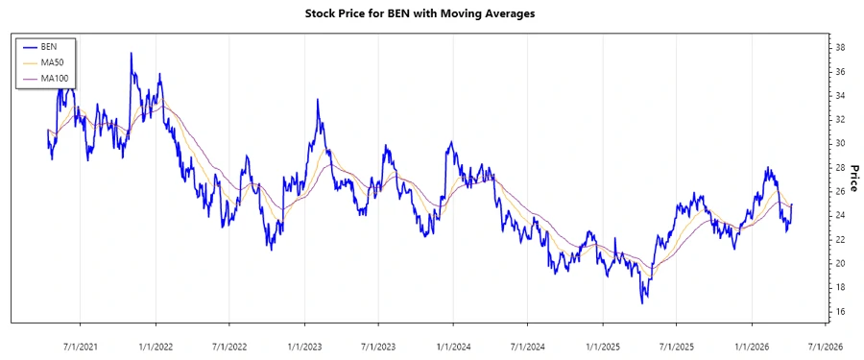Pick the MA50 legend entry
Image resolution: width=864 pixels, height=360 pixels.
tap(51, 62)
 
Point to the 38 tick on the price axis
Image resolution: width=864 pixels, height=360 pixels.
tap(839, 47)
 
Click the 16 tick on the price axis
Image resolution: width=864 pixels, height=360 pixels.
tap(839, 311)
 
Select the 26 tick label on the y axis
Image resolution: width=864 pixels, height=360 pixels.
tap(839, 191)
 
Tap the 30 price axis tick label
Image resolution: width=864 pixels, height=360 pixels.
tap(839, 143)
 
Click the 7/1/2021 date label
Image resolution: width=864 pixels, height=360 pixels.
tap(80, 345)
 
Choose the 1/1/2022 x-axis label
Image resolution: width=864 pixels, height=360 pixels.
tap(156, 345)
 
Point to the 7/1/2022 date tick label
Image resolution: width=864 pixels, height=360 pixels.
tap(229, 345)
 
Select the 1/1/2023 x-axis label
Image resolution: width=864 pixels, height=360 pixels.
tap(305, 345)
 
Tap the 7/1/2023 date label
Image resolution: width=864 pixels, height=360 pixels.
tap(379, 345)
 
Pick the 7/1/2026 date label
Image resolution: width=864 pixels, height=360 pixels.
tap(826, 345)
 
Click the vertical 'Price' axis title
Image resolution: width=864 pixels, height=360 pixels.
tap(853, 179)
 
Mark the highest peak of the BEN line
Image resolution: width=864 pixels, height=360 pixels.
tap(132, 54)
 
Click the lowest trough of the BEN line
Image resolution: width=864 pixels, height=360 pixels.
tap(642, 303)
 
